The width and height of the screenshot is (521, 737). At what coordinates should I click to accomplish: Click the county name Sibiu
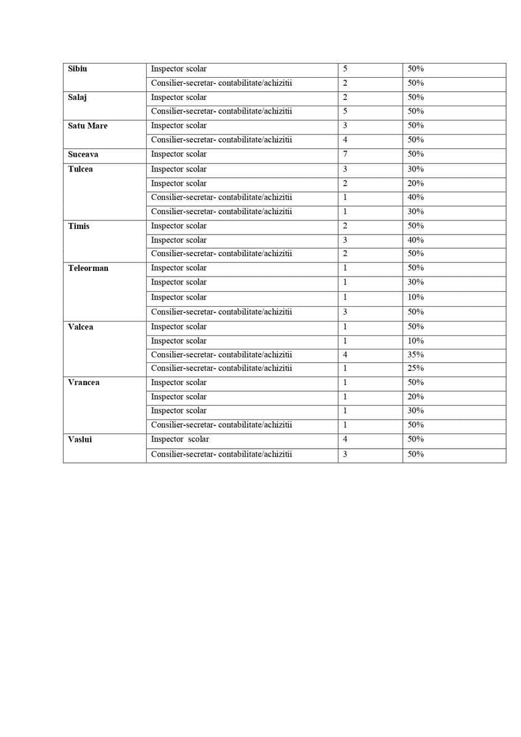pyautogui.click(x=78, y=69)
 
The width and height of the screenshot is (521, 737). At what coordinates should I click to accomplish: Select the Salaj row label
pyautogui.click(x=77, y=98)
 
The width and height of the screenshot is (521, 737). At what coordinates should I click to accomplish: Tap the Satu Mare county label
pyautogui.click(x=88, y=126)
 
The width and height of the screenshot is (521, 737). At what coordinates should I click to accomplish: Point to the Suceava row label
pyautogui.click(x=83, y=154)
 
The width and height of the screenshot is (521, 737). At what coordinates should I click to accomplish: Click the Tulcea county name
pyautogui.click(x=80, y=169)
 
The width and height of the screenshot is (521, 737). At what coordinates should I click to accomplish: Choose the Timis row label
pyautogui.click(x=78, y=226)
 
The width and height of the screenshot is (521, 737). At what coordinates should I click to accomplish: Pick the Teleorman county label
pyautogui.click(x=88, y=268)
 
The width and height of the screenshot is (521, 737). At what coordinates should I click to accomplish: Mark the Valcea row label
pyautogui.click(x=80, y=327)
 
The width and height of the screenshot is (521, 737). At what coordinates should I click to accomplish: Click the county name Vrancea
pyautogui.click(x=83, y=383)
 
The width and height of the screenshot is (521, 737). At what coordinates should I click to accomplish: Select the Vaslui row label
pyautogui.click(x=80, y=439)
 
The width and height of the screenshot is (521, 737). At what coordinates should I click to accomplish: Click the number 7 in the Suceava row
pyautogui.click(x=345, y=154)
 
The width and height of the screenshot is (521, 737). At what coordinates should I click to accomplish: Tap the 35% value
pyautogui.click(x=416, y=355)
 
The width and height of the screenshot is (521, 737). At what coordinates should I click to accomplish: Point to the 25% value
pyautogui.click(x=416, y=368)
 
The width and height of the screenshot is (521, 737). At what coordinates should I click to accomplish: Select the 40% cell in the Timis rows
pyautogui.click(x=416, y=240)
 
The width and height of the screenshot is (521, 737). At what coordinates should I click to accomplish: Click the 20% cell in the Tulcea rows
pyautogui.click(x=416, y=183)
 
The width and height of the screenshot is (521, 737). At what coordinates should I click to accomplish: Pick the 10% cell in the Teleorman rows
pyautogui.click(x=416, y=297)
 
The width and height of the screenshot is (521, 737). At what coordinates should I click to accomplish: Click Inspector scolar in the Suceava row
pyautogui.click(x=179, y=154)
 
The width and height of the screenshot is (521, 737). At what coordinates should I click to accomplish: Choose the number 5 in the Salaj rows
pyautogui.click(x=345, y=111)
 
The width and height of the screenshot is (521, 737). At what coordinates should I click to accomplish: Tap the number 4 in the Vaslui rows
pyautogui.click(x=345, y=439)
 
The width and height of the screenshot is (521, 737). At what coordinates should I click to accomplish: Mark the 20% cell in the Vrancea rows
pyautogui.click(x=416, y=397)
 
